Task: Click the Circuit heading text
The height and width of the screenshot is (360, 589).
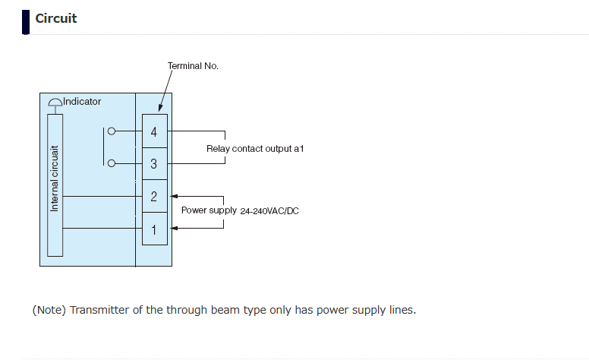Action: [x=56, y=18]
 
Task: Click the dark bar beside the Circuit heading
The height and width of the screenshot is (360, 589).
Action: [x=27, y=22]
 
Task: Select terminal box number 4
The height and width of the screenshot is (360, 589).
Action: [x=154, y=131]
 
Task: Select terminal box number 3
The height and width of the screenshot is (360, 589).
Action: [x=154, y=164]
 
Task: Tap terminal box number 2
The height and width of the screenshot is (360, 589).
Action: [x=154, y=197]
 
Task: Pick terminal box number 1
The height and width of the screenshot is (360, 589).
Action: [x=154, y=229]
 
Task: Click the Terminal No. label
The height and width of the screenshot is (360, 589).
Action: [x=193, y=66]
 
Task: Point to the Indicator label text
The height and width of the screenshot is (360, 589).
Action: [x=82, y=101]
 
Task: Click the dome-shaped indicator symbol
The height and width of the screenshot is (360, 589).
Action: [x=55, y=103]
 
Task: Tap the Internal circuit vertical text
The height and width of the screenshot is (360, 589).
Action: [x=55, y=179]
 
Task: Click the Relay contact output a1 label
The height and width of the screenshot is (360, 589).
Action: [x=255, y=149]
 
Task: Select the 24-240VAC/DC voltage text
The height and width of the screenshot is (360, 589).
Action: [x=269, y=211]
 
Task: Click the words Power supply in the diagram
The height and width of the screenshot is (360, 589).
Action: [x=209, y=210]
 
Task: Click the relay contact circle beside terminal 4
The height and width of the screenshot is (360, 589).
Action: [x=112, y=131]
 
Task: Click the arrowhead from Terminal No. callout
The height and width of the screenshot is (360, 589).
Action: [x=159, y=111]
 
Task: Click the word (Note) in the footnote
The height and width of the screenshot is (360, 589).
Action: [x=49, y=310]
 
